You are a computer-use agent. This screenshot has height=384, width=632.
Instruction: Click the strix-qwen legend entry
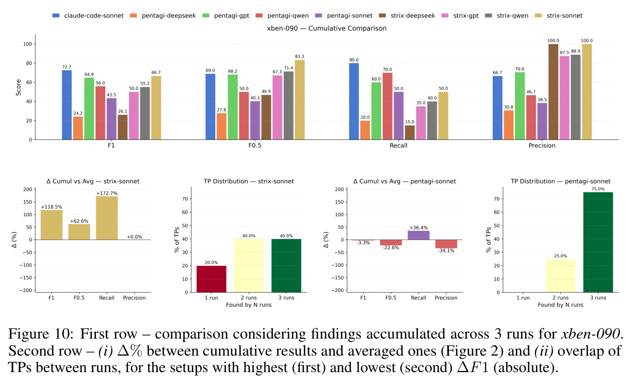[x=507, y=15]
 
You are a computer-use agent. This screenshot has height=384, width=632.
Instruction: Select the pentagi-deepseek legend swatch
[x=134, y=15]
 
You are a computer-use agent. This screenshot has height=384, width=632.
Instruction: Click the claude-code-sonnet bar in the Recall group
[x=354, y=101]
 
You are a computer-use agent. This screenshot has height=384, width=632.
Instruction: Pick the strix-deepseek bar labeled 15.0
[x=410, y=133]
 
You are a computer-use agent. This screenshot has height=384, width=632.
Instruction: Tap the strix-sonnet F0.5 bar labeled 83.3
[x=300, y=100]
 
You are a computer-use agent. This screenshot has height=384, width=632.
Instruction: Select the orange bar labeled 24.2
[x=78, y=128]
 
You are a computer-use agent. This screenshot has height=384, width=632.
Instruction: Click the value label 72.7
[x=67, y=67]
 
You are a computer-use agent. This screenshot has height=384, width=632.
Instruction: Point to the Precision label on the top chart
[x=542, y=146]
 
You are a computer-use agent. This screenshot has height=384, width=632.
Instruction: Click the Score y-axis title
[x=19, y=88]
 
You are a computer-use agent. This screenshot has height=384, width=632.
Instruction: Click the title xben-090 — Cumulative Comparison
[x=327, y=28]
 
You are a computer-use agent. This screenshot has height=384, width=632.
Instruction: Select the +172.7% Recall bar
[x=107, y=218]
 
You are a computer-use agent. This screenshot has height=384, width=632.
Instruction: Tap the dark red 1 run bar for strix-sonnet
[x=212, y=279]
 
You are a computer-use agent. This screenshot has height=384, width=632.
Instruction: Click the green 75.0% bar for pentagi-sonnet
[x=598, y=242]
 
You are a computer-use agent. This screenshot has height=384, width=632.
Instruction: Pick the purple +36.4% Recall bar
[x=418, y=235]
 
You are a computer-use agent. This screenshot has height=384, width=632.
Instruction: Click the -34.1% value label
[x=446, y=251]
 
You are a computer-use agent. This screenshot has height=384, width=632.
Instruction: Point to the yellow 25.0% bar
[x=561, y=276]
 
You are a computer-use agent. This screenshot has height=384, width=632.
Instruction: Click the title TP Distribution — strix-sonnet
[x=249, y=181]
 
